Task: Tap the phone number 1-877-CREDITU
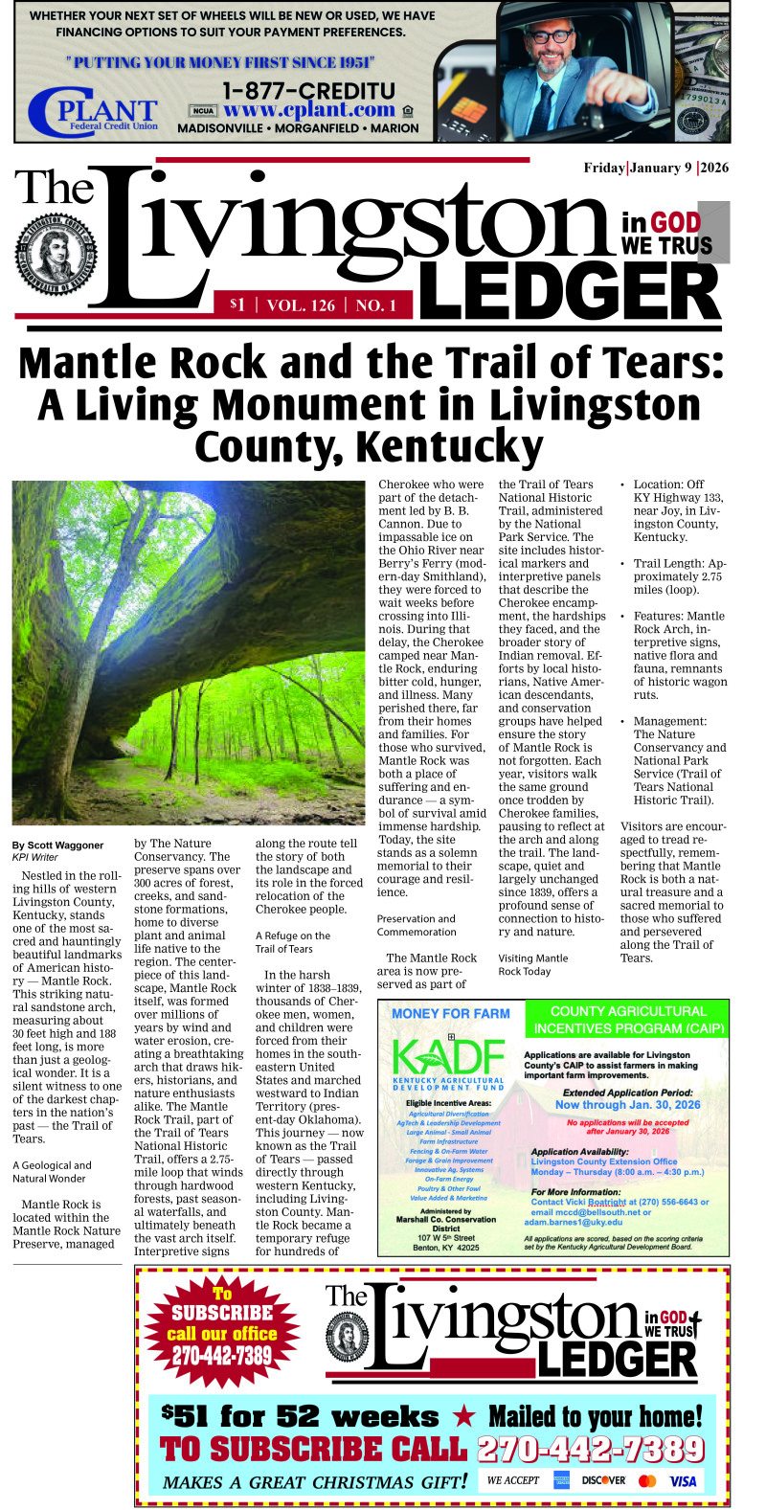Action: pyautogui.click(x=307, y=91)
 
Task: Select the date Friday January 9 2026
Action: pyautogui.click(x=656, y=169)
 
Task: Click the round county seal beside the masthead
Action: pyautogui.click(x=55, y=251)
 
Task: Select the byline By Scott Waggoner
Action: pyautogui.click(x=57, y=845)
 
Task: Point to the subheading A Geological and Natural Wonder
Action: pyautogui.click(x=53, y=1172)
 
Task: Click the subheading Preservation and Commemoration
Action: pyautogui.click(x=417, y=925)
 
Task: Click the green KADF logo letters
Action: pyautogui.click(x=448, y=1058)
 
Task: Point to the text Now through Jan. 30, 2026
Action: pyautogui.click(x=627, y=1104)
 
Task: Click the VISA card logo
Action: pyautogui.click(x=683, y=1480)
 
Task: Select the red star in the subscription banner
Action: pyautogui.click(x=463, y=1416)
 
